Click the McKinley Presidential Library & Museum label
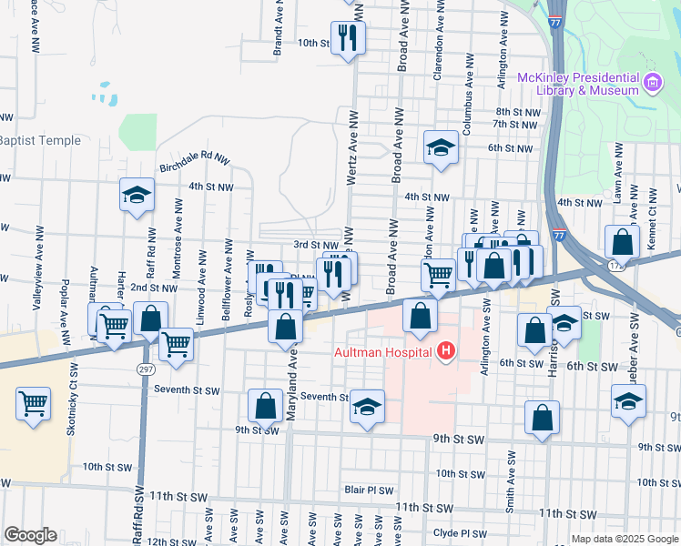click(578, 84)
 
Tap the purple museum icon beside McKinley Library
click(652, 85)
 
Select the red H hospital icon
click(445, 351)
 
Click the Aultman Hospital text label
click(390, 351)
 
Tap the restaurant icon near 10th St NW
click(347, 38)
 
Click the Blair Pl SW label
click(369, 490)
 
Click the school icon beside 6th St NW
click(441, 148)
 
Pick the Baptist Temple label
click(40, 140)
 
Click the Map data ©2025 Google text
click(624, 539)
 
